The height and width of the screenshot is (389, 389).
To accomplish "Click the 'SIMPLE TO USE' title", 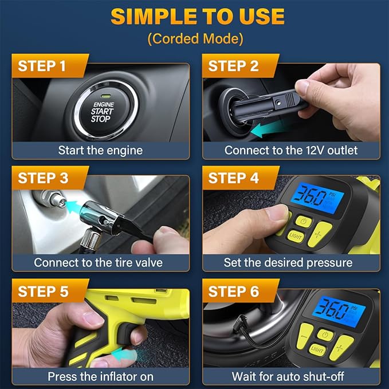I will [x=197, y=17].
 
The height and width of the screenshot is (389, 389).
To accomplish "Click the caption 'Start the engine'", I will [x=100, y=151].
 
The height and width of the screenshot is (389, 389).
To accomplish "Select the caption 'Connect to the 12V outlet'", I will [x=290, y=151].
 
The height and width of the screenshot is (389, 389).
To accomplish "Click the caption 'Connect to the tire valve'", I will [x=98, y=263].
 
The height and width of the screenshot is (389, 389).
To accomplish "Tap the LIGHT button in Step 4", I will [x=296, y=235].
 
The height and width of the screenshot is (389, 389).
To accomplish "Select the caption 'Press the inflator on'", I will [x=100, y=376].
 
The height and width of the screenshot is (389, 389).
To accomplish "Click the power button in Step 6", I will [x=325, y=335].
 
